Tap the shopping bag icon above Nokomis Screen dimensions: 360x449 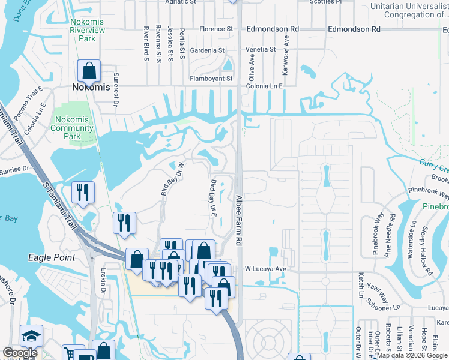point(89,71)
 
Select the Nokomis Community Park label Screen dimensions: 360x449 point(71,124)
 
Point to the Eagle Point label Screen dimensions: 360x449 point(52,257)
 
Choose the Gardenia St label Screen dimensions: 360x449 point(207,50)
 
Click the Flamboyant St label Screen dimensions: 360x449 point(211,79)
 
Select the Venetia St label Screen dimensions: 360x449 point(261,49)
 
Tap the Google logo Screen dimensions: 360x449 point(20,353)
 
